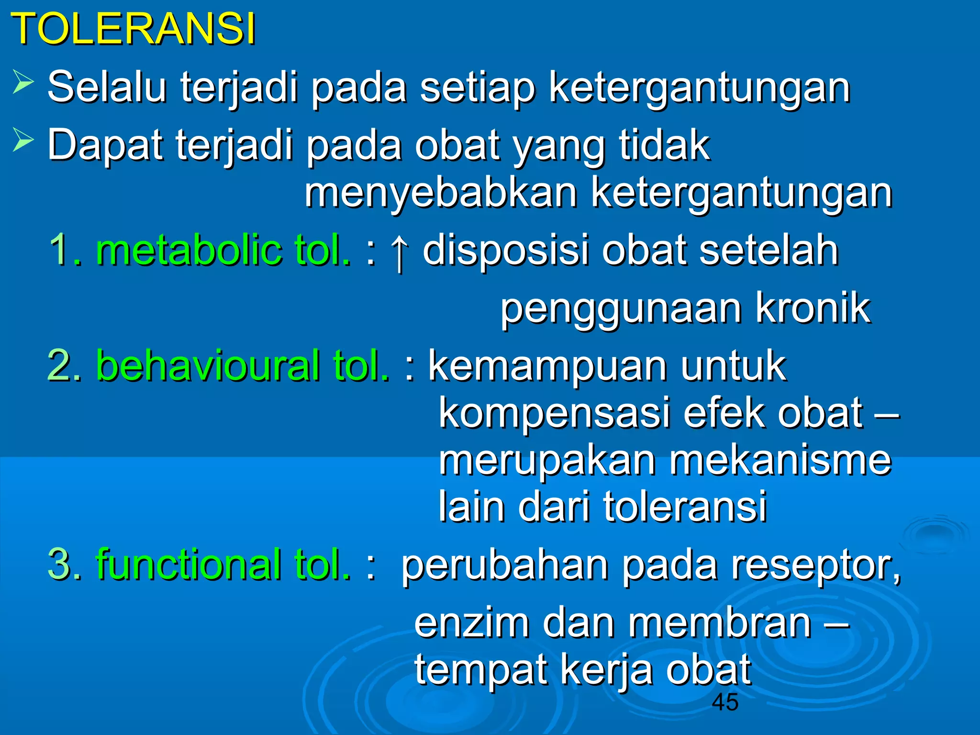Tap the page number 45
(725, 702)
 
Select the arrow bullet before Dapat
(23, 140)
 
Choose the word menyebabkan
(441, 193)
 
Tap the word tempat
(481, 670)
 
